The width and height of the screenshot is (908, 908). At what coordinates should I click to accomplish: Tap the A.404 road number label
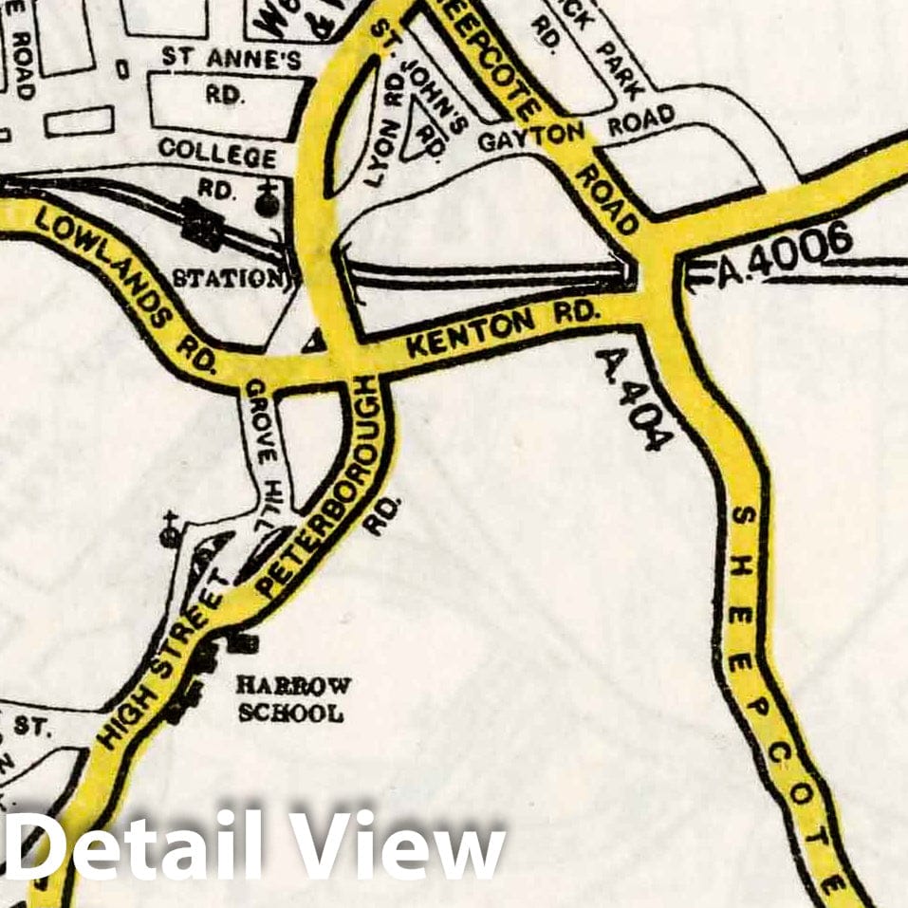pos(635,398)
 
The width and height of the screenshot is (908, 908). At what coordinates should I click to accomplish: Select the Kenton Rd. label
pos(502,329)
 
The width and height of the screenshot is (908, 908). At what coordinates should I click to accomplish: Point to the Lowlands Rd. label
pos(123,286)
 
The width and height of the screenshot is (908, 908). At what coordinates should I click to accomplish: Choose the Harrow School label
pos(292,699)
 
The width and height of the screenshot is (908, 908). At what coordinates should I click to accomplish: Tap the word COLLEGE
pos(217,152)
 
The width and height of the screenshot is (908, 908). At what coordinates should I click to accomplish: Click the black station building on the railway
pos(202,228)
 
